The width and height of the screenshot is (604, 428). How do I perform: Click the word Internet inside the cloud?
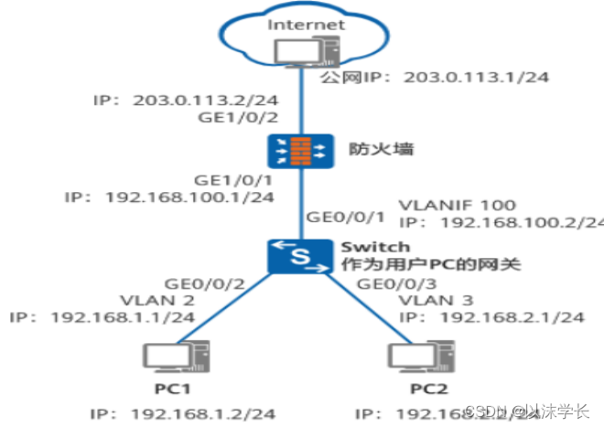(x=307, y=25)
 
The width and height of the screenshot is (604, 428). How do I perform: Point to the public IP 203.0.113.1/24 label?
(x=434, y=78)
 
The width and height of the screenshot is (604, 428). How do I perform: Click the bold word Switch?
(x=374, y=248)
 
